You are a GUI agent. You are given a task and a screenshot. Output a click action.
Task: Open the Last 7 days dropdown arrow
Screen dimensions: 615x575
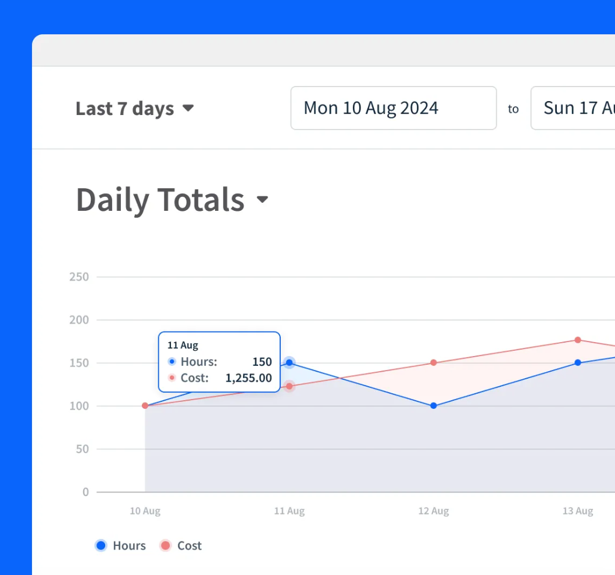[188, 108]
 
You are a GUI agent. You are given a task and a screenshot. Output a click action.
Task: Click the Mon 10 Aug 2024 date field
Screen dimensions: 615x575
[394, 108]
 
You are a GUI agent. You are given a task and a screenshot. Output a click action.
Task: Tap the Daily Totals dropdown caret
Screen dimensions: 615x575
[262, 199]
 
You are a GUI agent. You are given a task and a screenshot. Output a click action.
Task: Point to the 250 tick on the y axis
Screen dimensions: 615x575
[79, 276]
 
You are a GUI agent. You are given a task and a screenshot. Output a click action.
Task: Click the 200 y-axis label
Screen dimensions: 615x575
[79, 320]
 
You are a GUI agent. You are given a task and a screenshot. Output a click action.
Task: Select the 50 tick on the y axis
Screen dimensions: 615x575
[83, 449]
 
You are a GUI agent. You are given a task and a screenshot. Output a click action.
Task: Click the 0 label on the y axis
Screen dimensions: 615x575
[85, 492]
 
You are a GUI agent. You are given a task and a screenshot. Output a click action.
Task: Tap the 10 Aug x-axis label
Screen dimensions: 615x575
[145, 511]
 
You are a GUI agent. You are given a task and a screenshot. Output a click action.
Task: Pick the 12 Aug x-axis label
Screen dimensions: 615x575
[434, 511]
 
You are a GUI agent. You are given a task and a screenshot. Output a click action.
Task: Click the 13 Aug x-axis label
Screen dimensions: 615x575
[578, 511]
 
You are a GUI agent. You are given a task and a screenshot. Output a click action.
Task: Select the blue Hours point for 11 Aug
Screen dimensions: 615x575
[289, 362]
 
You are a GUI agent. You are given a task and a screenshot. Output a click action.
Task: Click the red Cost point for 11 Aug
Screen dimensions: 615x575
[289, 386]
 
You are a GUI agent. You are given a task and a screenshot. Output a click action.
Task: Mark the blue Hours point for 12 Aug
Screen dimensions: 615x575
[434, 405]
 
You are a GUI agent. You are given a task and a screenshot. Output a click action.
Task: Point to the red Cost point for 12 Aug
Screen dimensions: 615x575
[434, 362]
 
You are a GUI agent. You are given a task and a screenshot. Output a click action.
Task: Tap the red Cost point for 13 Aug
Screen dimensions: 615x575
[578, 340]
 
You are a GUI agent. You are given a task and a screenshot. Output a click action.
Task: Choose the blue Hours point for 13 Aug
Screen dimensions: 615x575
[578, 362]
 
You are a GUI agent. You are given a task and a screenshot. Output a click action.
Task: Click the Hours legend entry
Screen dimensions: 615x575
[120, 545]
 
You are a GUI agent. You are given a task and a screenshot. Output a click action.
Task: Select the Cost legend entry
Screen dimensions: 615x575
[181, 545]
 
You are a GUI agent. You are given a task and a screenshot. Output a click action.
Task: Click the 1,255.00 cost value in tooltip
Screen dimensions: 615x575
[248, 378]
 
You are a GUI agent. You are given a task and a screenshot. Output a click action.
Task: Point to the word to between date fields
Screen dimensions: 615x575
[513, 109]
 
